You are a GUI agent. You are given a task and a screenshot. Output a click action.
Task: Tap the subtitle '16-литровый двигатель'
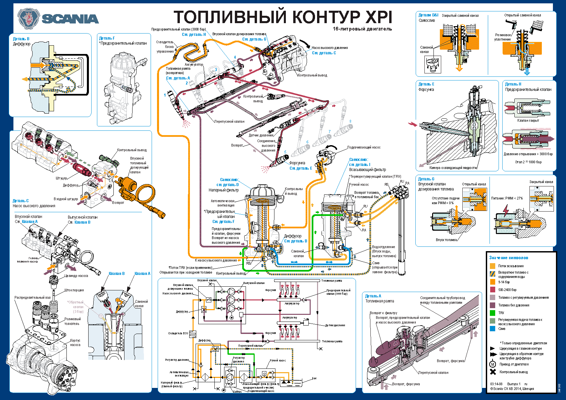pyautogui.click(x=362, y=29)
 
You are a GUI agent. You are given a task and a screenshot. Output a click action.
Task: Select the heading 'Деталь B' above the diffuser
pyautogui.click(x=21, y=39)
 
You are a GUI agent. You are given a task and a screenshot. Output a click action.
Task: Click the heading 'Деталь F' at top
pyautogui.click(x=107, y=38)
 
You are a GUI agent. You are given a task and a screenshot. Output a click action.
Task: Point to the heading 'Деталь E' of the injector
pyautogui.click(x=426, y=84)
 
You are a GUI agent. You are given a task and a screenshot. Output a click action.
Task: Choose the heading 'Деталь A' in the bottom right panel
pyautogui.click(x=373, y=296)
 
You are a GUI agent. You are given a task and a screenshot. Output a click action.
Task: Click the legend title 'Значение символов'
pyautogui.click(x=509, y=258)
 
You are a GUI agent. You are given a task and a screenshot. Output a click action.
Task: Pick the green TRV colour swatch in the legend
pyautogui.click(x=493, y=313)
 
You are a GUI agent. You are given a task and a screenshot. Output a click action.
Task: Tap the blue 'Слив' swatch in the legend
pyautogui.click(x=493, y=329)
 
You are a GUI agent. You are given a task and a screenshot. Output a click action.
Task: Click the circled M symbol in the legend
pyautogui.click(x=493, y=364)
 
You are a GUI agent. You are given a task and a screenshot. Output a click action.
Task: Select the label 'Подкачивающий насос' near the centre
pyautogui.click(x=364, y=147)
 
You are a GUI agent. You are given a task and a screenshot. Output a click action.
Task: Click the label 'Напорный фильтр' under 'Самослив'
pyautogui.click(x=223, y=190)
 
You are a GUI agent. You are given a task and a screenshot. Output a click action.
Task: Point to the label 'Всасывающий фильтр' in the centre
pyautogui.click(x=367, y=170)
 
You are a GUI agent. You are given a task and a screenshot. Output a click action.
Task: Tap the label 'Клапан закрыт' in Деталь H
pyautogui.click(x=528, y=120)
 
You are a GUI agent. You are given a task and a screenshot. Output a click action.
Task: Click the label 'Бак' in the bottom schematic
pyautogui.click(x=314, y=378)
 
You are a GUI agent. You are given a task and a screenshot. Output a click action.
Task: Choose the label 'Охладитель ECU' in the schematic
pyautogui.click(x=178, y=333)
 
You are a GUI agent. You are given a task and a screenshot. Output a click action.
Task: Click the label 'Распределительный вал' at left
pyautogui.click(x=32, y=297)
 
